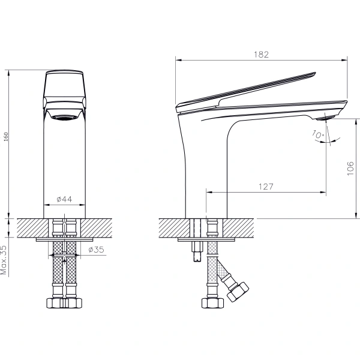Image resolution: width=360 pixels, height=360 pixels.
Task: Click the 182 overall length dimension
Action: [x=261, y=54]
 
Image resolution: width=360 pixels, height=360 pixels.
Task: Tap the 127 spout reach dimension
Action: [x=266, y=187]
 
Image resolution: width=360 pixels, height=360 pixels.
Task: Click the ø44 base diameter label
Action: [x=65, y=199]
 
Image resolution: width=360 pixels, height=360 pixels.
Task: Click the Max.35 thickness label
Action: [x=5, y=259]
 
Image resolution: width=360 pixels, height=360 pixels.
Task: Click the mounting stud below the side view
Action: [x=197, y=252]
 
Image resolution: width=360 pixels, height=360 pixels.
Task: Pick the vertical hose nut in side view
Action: [x=212, y=303]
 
